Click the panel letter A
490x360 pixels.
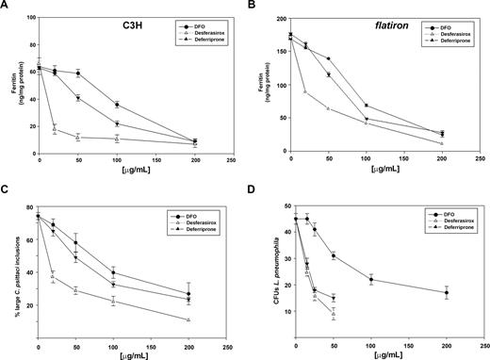click(x=5, y=6)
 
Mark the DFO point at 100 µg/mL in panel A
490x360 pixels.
click(x=117, y=105)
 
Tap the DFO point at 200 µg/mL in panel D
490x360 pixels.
click(x=446, y=293)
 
